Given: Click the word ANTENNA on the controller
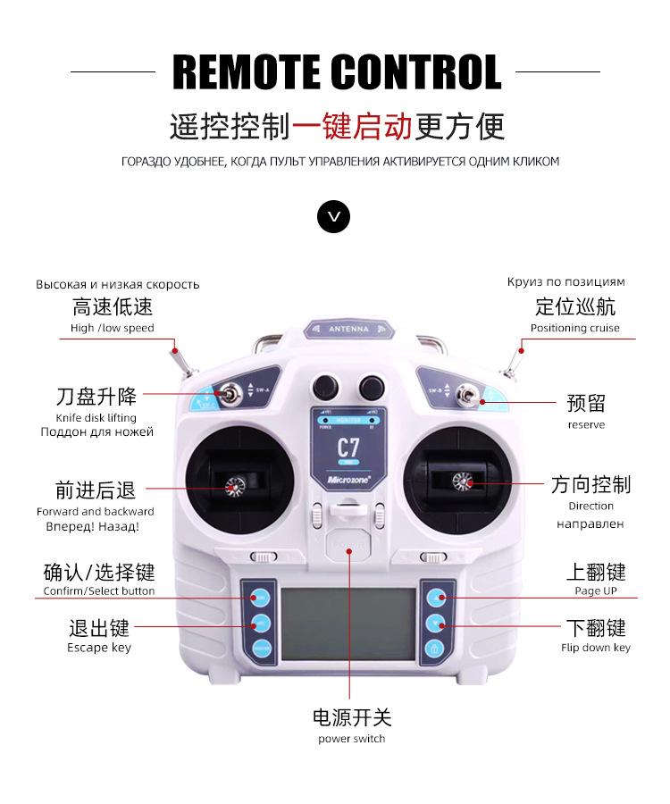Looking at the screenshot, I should pyautogui.click(x=348, y=330).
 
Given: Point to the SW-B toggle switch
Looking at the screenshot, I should pyautogui.click(x=465, y=394).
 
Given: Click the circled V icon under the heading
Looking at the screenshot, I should pyautogui.click(x=334, y=216).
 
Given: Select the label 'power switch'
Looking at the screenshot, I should pyautogui.click(x=352, y=739).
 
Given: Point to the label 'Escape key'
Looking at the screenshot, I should pyautogui.click(x=99, y=648).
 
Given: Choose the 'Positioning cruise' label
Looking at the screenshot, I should pyautogui.click(x=574, y=328).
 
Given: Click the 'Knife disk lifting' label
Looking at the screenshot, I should pyautogui.click(x=96, y=417).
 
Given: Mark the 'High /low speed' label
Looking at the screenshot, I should pyautogui.click(x=112, y=328).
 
